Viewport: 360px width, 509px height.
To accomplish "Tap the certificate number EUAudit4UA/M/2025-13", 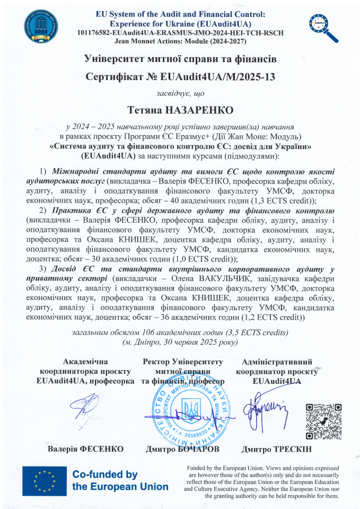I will click(218, 77).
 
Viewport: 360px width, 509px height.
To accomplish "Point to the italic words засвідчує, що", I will click(180, 93).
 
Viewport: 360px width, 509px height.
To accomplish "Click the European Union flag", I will click(45, 481).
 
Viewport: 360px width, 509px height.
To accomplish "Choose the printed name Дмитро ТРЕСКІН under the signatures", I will click(276, 449).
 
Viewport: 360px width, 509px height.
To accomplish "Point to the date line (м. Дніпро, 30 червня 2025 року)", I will click(180, 342).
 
